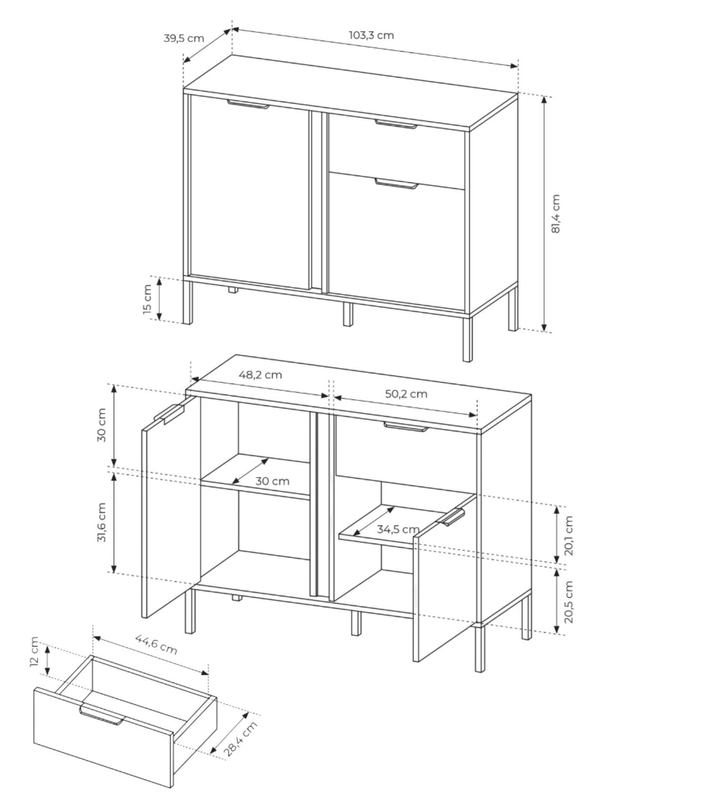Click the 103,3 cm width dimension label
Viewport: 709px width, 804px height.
[372, 35]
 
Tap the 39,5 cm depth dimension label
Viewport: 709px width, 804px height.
[184, 38]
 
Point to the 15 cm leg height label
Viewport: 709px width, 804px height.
[147, 299]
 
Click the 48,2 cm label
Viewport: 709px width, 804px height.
[260, 375]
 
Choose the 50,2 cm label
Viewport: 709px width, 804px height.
[406, 393]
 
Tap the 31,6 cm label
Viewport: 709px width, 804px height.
[102, 522]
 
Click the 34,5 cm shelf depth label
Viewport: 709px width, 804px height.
[398, 529]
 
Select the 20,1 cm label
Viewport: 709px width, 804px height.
[569, 535]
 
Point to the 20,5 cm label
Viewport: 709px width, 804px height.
[569, 602]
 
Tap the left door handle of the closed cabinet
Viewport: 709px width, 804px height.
[248, 104]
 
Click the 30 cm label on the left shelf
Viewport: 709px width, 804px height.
[272, 481]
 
